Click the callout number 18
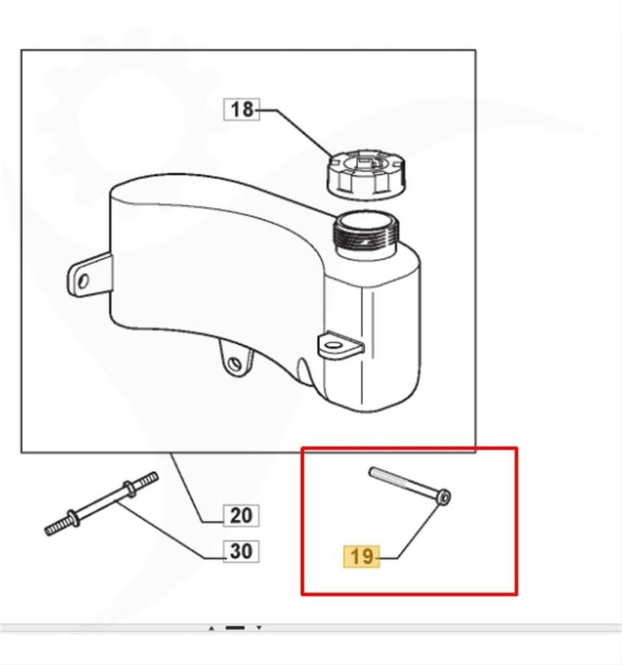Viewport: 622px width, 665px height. [x=242, y=109]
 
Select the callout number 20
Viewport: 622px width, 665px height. [x=242, y=516]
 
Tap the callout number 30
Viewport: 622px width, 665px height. [x=242, y=551]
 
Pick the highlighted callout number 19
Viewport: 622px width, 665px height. [x=362, y=557]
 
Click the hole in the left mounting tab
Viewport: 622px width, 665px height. [x=84, y=281]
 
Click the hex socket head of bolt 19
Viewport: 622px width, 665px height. [x=444, y=497]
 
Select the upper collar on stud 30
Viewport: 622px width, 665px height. [x=129, y=488]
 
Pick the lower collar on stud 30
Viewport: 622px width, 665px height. [x=74, y=518]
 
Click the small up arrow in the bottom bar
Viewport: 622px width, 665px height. [x=212, y=628]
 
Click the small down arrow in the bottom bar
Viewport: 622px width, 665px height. [x=259, y=628]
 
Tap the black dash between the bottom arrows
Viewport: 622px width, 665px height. [x=235, y=628]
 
